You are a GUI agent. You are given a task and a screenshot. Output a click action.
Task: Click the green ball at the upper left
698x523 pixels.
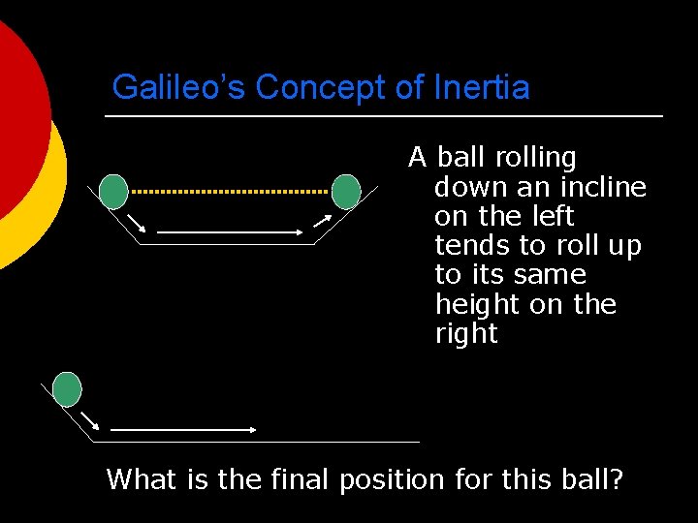(113, 192)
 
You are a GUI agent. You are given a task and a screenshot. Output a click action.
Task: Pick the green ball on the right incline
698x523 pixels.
(346, 192)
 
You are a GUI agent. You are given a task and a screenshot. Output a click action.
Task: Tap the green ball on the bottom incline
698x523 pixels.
(67, 388)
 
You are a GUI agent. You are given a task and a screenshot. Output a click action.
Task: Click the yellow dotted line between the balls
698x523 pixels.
(230, 192)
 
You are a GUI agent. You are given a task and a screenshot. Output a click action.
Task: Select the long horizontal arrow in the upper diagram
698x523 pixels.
(231, 232)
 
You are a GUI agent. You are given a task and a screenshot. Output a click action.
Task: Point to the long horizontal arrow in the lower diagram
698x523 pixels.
(182, 429)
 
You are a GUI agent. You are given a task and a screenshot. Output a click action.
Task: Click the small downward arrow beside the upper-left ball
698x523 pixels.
(136, 223)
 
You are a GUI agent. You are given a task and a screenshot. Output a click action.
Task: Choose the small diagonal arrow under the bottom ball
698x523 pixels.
(90, 420)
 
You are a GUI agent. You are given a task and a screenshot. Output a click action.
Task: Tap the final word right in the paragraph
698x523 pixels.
(466, 335)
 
